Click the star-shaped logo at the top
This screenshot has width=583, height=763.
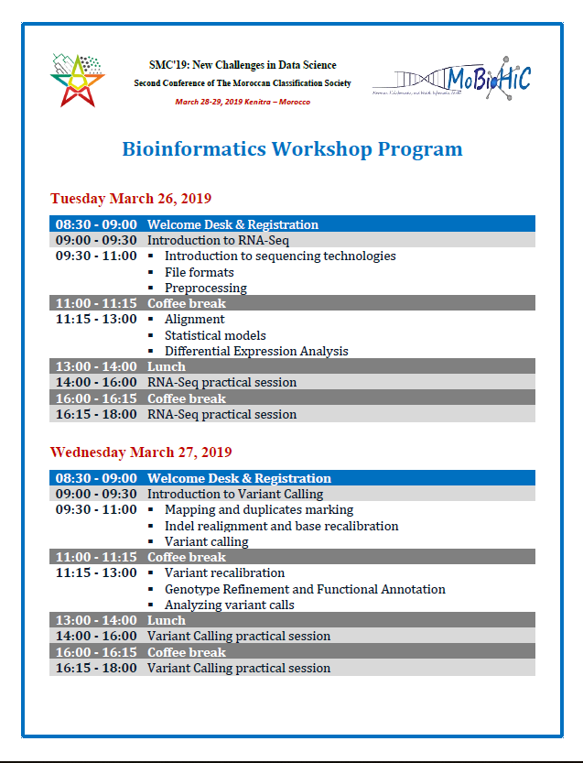click(78, 80)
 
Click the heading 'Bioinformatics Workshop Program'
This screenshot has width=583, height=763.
click(292, 149)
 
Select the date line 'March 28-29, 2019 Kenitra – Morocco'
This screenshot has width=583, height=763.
click(243, 102)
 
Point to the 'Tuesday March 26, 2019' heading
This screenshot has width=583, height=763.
click(131, 199)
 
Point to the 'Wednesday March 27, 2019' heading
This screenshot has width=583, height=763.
click(141, 452)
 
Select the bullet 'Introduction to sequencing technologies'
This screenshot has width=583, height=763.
click(280, 256)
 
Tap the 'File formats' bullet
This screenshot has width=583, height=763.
click(200, 272)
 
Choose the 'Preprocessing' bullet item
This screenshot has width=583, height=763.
click(206, 288)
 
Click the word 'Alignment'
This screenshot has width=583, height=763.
click(194, 320)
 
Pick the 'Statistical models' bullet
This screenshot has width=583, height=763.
click(215, 335)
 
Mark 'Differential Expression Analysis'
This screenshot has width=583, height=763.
click(256, 351)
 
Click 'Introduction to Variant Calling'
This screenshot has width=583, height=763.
click(235, 495)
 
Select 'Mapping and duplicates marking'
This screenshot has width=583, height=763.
click(259, 510)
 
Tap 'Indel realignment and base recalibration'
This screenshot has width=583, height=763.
click(281, 526)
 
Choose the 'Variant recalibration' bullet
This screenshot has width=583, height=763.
click(224, 573)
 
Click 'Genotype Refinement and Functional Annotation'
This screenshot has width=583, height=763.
click(305, 589)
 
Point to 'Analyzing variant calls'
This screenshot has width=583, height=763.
click(229, 605)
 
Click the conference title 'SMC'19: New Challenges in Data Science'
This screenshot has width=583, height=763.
click(243, 65)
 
